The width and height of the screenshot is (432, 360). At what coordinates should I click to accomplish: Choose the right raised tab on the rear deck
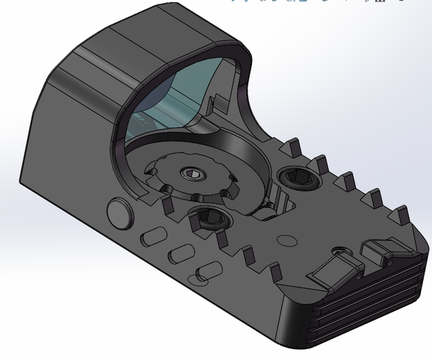coord(379,253)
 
